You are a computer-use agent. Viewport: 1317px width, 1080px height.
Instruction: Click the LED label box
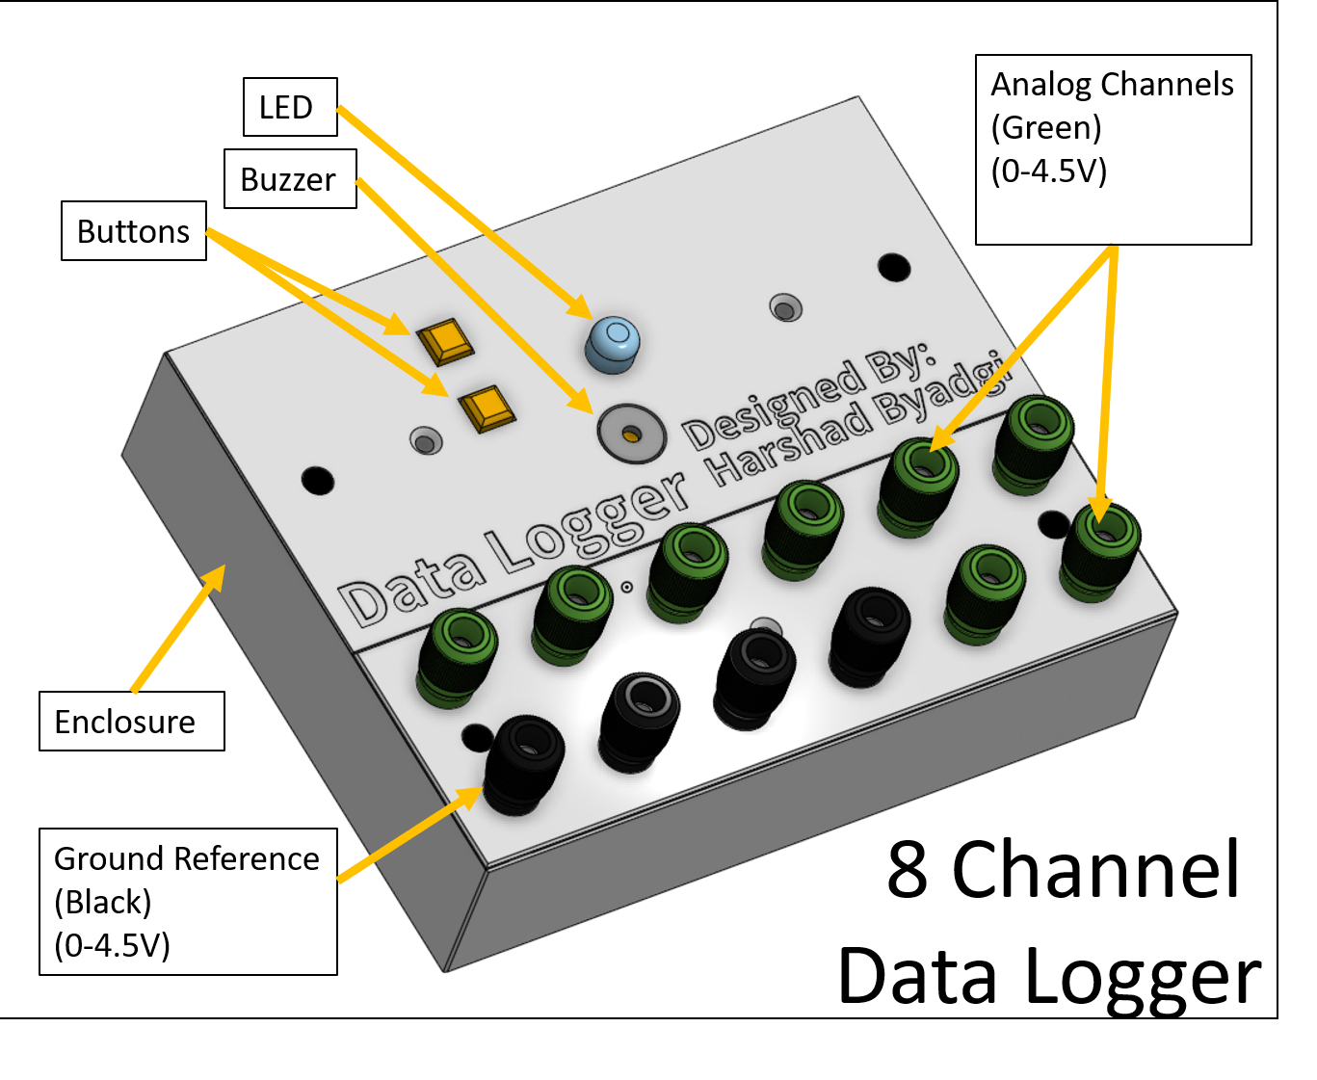290,107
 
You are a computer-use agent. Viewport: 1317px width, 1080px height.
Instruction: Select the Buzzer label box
290,179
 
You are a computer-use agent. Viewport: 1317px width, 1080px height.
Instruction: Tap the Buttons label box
134,231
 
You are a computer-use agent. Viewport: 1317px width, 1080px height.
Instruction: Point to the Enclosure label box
132,722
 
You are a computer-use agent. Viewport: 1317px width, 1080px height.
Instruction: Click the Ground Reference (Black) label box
188,902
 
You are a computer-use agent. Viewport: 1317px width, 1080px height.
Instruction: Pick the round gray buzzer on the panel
631,434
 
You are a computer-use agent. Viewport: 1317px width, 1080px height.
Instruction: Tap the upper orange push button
445,341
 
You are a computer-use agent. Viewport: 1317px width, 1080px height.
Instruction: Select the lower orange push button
487,408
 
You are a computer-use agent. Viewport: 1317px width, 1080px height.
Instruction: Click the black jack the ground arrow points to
523,762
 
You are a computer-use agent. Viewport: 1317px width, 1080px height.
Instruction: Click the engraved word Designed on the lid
771,405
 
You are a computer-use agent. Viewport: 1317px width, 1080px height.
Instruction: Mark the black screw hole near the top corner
894,267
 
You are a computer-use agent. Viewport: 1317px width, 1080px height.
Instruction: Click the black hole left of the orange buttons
318,480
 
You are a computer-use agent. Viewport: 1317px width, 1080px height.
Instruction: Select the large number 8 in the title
907,870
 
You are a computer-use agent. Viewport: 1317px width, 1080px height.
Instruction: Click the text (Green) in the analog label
1045,128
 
